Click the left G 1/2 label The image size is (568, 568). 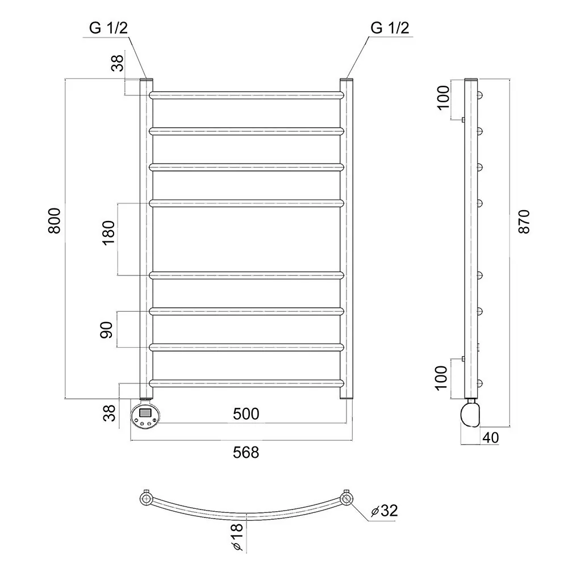click(108, 28)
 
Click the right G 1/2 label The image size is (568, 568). click(390, 28)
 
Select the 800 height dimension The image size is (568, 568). click(55, 220)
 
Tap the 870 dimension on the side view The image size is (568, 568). click(524, 222)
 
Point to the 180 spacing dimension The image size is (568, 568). click(108, 233)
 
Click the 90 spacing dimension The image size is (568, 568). click(107, 329)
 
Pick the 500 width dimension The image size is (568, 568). click(246, 414)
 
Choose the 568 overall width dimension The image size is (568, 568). click(246, 453)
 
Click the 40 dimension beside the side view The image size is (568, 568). click(491, 437)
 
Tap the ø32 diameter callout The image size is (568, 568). click(385, 511)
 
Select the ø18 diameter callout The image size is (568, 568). click(236, 537)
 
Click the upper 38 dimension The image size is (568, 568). click(118, 63)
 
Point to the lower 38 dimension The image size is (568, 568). click(110, 413)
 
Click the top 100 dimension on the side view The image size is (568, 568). click(443, 98)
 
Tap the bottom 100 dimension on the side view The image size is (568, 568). click(441, 378)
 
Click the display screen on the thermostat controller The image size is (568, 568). click(145, 412)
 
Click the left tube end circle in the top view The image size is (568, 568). click(146, 499)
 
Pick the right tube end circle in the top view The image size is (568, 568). click(346, 499)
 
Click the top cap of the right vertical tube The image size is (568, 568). click(346, 80)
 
